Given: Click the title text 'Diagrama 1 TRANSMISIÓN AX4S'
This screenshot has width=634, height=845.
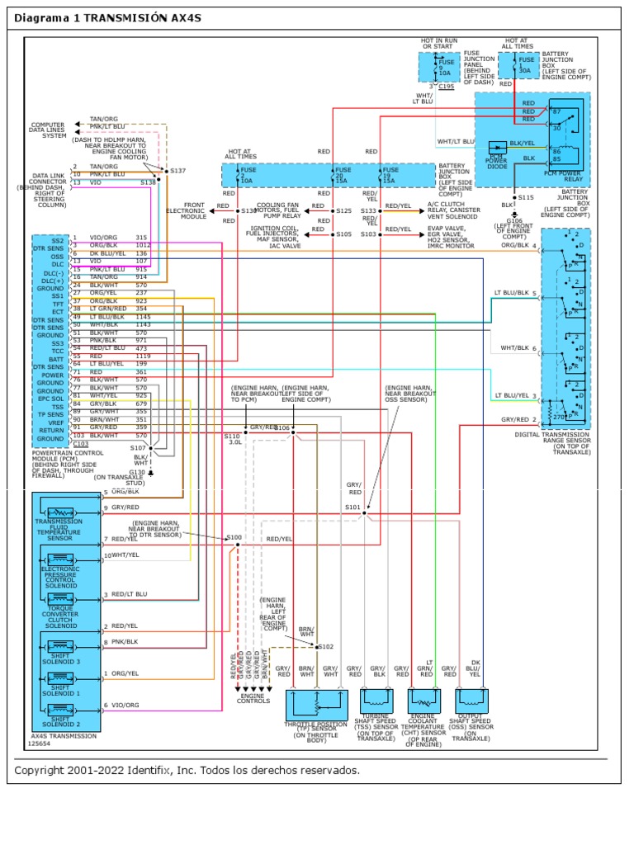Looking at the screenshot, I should (x=107, y=18).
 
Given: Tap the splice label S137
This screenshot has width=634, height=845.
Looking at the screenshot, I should (x=178, y=172).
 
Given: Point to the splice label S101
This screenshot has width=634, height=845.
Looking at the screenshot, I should (x=352, y=507).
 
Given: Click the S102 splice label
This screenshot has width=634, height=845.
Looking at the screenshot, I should (x=325, y=646).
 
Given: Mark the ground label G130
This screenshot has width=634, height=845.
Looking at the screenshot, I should (x=137, y=471).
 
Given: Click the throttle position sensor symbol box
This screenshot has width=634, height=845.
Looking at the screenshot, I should (x=316, y=705).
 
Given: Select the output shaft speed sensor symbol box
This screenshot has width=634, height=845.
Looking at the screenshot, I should (x=473, y=700).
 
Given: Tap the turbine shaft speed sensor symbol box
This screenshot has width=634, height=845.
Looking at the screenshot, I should (x=379, y=700).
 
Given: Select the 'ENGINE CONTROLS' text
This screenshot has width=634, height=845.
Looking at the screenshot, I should (x=253, y=697).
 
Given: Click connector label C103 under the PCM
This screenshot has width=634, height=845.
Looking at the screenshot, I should (x=81, y=442).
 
